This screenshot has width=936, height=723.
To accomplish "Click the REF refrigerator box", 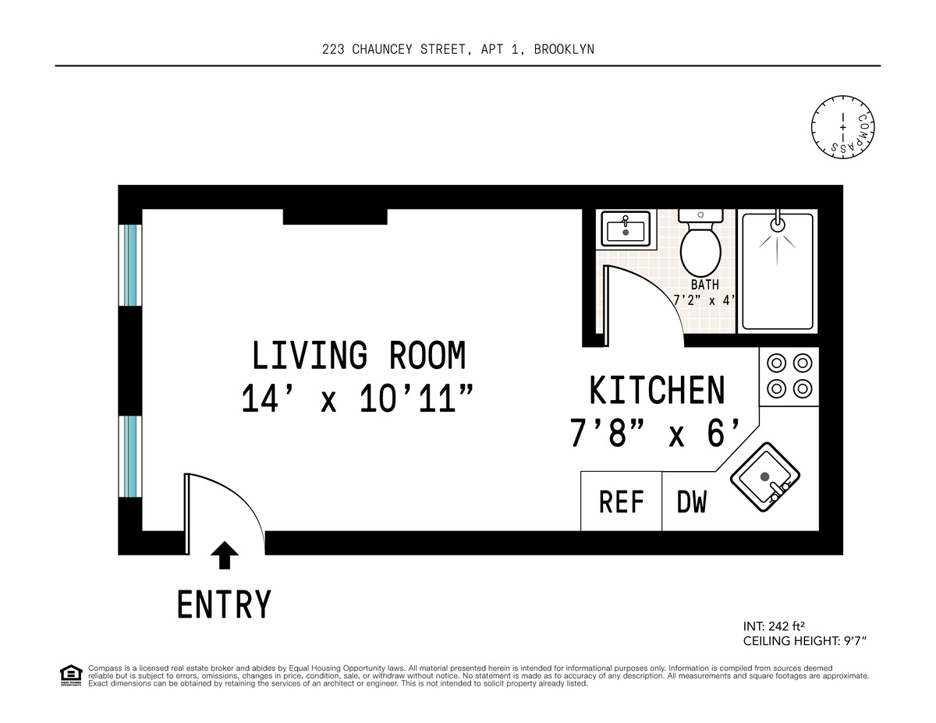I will tap(621, 501).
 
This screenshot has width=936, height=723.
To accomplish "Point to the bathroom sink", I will tap(626, 229).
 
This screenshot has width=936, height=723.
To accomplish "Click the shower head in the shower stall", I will tap(777, 224).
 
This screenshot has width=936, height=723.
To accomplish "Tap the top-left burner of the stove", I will tap(776, 363).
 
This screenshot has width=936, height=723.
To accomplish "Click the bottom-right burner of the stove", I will tap(802, 388).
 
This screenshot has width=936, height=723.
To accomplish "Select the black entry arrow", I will tap(225, 555).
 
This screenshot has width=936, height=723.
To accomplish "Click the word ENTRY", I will tap(225, 604).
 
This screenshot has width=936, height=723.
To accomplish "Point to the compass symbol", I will tap(842, 126).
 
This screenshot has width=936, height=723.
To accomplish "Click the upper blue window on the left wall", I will tap(131, 265).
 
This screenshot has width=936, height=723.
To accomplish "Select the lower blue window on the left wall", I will tap(131, 456).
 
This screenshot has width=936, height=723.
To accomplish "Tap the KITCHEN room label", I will tap(657, 391).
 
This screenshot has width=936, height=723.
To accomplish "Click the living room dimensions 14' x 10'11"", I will tap(358, 400).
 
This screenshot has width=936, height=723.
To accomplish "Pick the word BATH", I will tap(704, 285).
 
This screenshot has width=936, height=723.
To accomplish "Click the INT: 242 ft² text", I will tap(774, 626).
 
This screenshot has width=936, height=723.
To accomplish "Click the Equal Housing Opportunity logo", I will tap(71, 675).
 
